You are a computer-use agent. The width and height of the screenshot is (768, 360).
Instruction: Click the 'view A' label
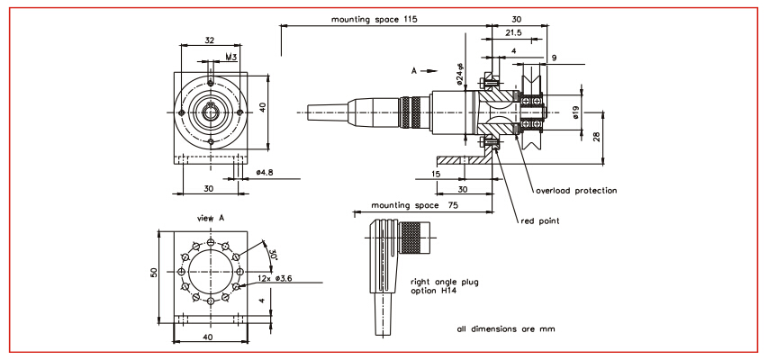(209, 218)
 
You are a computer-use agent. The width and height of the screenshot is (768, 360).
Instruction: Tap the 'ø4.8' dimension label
(265, 171)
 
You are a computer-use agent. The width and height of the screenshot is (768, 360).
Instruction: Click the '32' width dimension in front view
(209, 40)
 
